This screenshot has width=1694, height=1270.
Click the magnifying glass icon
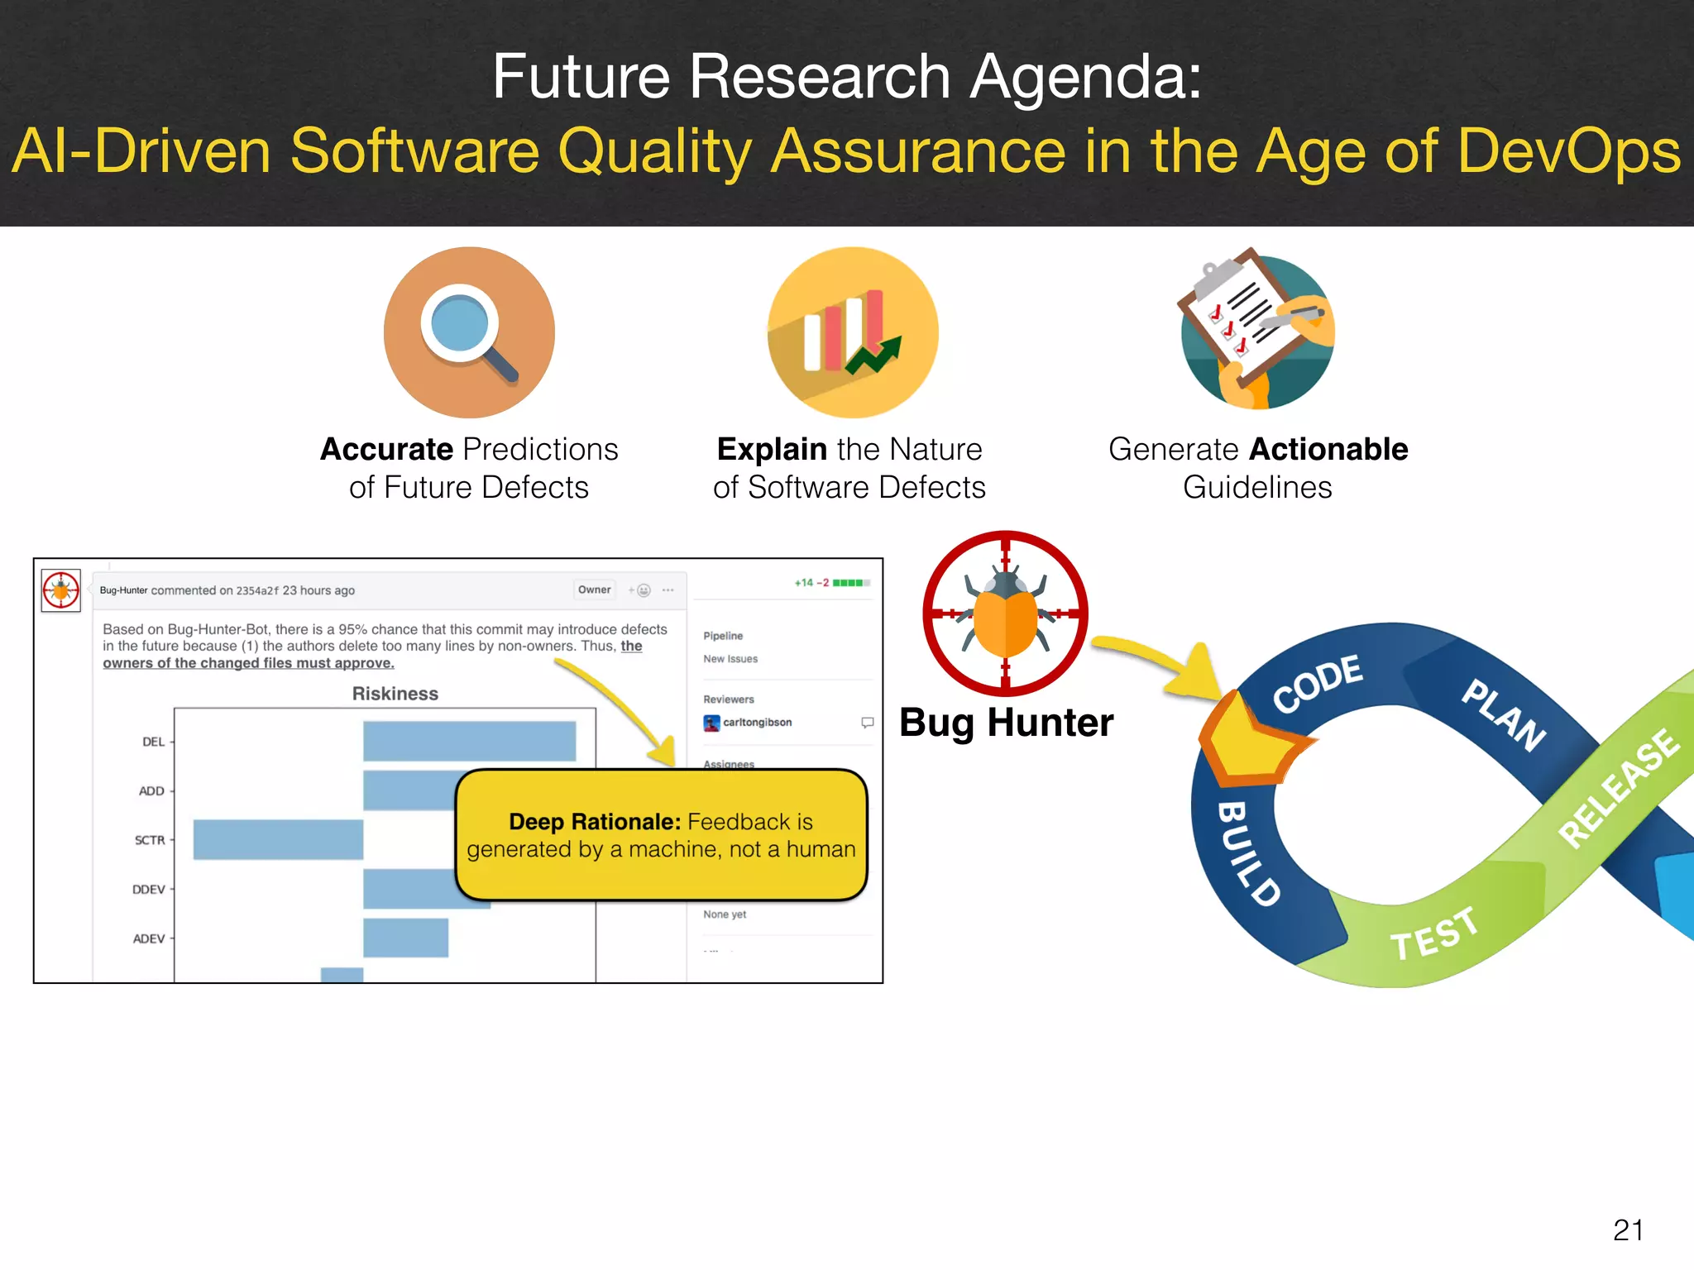click(x=469, y=332)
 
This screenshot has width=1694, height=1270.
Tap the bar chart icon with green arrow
click(x=853, y=332)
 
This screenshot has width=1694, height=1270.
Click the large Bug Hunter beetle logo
click(x=1005, y=613)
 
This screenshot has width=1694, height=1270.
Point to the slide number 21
click(x=1628, y=1229)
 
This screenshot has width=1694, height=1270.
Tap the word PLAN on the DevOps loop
click(x=1504, y=714)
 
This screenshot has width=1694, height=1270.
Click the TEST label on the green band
click(x=1433, y=933)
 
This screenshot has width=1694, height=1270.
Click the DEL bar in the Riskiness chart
click(x=469, y=741)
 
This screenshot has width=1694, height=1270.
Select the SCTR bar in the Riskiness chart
click(x=278, y=839)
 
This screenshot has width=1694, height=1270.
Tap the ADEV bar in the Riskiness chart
click(x=405, y=938)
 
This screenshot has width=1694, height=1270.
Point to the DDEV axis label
click(x=149, y=890)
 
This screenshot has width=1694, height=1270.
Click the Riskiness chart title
click(x=395, y=694)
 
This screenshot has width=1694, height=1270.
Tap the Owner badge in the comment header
click(x=594, y=590)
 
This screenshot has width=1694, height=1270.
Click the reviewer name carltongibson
click(x=757, y=722)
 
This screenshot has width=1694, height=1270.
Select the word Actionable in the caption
click(x=1328, y=449)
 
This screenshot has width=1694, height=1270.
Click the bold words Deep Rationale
click(x=594, y=822)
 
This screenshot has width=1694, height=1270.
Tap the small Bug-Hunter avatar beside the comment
click(x=61, y=590)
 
